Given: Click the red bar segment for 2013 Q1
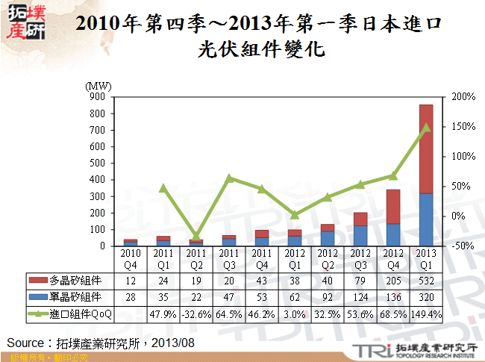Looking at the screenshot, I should click(425, 149).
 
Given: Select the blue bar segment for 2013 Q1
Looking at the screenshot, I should click(425, 219).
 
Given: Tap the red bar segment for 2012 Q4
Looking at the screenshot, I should click(393, 207).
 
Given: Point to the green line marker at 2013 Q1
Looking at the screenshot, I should click(425, 128).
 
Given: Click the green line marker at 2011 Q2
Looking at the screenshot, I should click(195, 236).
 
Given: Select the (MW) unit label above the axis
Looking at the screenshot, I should click(98, 87).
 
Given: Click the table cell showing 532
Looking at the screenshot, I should click(425, 281).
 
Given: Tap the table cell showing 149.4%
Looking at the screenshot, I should click(425, 314).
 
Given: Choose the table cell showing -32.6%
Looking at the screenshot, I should click(195, 314).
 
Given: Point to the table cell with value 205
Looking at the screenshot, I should click(393, 281).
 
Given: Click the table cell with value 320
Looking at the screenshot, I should click(425, 298).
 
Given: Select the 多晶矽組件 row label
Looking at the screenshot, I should click(75, 281).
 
